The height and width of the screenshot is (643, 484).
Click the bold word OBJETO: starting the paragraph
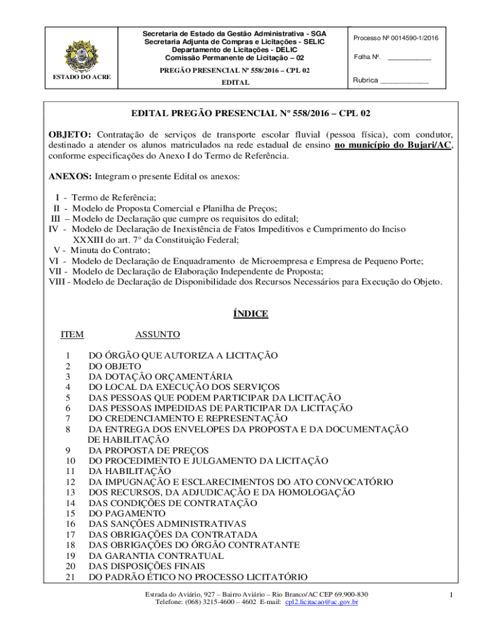click(x=70, y=134)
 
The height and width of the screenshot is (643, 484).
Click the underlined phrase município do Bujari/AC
click(x=393, y=145)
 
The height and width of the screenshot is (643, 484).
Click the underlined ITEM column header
click(x=72, y=334)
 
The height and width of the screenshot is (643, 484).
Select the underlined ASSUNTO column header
click(x=157, y=334)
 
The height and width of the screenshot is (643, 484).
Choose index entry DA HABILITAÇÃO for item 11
click(x=129, y=471)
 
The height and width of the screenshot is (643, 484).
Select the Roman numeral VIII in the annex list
click(x=59, y=282)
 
